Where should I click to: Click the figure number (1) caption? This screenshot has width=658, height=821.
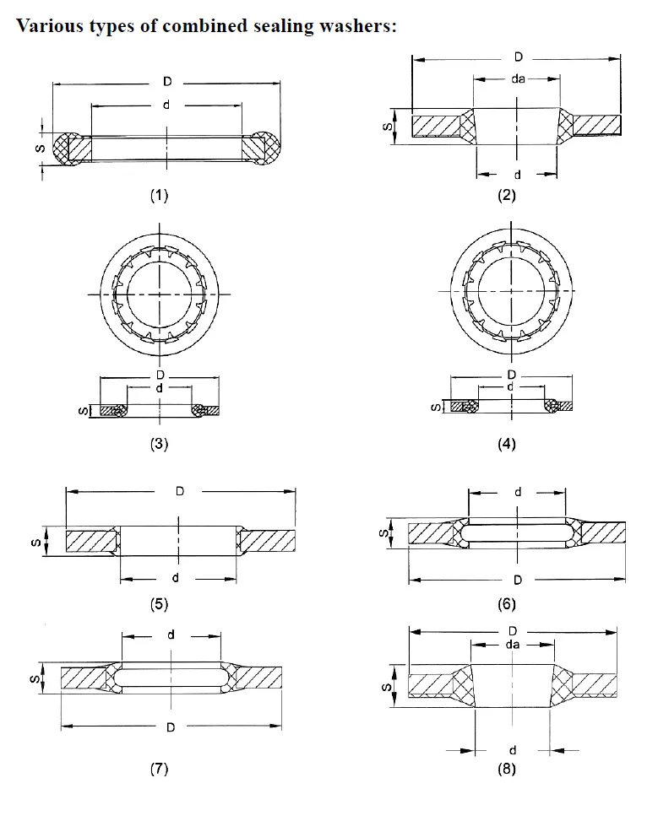pyautogui.click(x=159, y=195)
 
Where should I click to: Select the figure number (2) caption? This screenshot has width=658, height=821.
pyautogui.click(x=507, y=195)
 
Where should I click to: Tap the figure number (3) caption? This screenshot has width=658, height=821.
pyautogui.click(x=159, y=443)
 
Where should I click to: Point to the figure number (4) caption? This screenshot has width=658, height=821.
pyautogui.click(x=507, y=443)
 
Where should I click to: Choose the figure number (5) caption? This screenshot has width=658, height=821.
pyautogui.click(x=159, y=603)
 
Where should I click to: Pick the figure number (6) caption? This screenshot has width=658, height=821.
pyautogui.click(x=507, y=603)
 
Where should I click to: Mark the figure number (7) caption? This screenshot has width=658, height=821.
pyautogui.click(x=159, y=768)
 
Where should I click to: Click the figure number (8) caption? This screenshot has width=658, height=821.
pyautogui.click(x=507, y=769)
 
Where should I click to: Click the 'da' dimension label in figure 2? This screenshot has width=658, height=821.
pyautogui.click(x=518, y=79)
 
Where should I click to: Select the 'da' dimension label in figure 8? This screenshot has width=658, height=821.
pyautogui.click(x=511, y=644)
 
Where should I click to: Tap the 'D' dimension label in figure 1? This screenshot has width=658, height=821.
pyautogui.click(x=167, y=82)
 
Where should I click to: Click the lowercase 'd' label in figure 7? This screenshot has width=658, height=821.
pyautogui.click(x=170, y=635)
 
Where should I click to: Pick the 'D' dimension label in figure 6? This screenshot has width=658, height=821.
pyautogui.click(x=517, y=579)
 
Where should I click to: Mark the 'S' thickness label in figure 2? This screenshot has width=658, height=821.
pyautogui.click(x=385, y=126)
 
